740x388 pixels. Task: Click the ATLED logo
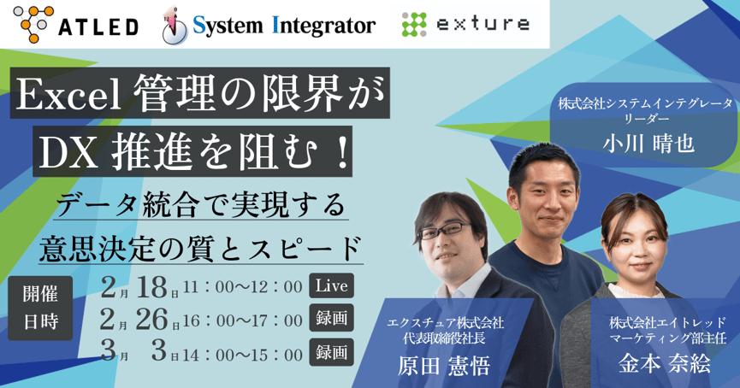coord(76,25)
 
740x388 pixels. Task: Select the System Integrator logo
coord(269,26)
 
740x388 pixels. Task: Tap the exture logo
coord(465,25)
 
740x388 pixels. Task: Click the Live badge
coord(330,285)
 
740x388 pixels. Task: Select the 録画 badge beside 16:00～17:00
coord(330,320)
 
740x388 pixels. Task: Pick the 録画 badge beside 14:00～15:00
coord(330,351)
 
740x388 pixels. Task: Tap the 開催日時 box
coord(40,306)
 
